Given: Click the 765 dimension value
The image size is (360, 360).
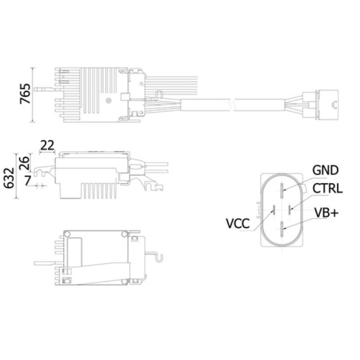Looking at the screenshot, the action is pos(25,94).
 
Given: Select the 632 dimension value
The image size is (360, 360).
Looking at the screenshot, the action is pos(9,178).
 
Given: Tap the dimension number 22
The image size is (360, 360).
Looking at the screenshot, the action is pos(47,145).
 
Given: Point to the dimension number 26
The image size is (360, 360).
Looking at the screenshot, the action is pos(25,163).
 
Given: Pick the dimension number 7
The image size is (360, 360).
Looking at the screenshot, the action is pos(27,180).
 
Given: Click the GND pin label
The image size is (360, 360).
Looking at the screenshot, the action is pos(325,170).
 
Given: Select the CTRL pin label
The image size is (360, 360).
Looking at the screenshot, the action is pos(328,188).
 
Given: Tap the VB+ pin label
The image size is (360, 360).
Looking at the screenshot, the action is pos(326,212).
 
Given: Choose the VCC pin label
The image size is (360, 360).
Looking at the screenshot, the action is pos(238,223).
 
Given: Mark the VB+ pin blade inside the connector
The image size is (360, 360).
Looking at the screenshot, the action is pos(282,229).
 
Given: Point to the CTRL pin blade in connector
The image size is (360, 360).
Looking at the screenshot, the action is pos(289,209).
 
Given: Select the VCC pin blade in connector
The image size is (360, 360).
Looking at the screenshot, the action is pos(274,209).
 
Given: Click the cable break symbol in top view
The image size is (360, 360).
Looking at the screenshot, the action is pos(232,105).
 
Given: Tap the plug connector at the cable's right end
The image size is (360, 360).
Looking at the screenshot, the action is pos(321,105).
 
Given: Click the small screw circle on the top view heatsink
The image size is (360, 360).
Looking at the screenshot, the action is pos(108,100).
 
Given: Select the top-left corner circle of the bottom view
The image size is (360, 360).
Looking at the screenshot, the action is pos(67,234).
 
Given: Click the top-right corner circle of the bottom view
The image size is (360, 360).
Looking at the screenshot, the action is pos(124,234).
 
